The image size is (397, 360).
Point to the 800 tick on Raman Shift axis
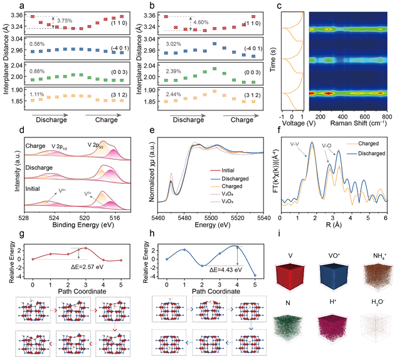(x=386, y=117)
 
